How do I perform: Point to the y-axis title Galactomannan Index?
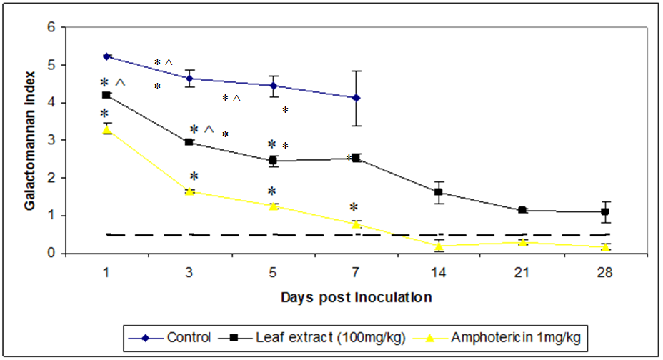[31, 141]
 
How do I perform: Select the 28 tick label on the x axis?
[605, 273]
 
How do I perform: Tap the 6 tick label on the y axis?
[51, 28]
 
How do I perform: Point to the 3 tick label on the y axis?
[51, 141]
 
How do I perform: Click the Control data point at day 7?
[356, 98]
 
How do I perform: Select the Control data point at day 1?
[106, 56]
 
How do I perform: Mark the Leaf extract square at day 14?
[439, 192]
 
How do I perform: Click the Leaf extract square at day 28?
[605, 212]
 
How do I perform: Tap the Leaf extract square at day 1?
[106, 95]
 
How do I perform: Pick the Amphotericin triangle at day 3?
[189, 191]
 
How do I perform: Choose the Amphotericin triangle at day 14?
[439, 246]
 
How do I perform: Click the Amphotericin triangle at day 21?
[522, 242]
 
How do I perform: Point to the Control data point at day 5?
[272, 85]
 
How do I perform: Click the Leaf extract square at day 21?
[522, 210]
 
